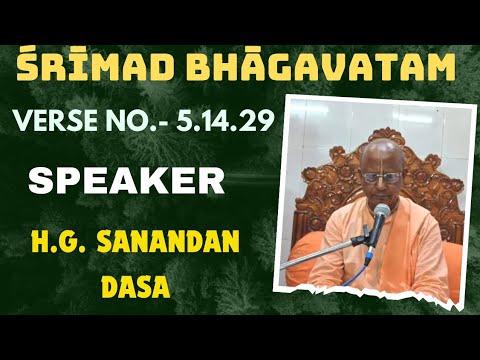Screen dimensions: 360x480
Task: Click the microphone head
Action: tap(382, 213)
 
